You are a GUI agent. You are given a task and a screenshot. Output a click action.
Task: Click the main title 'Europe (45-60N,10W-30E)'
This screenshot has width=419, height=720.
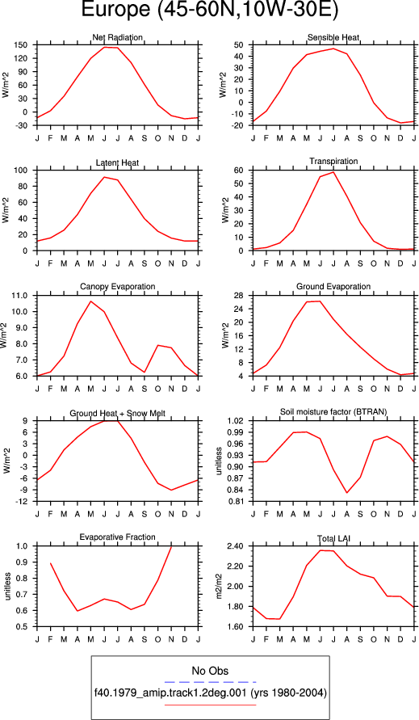tap(209, 11)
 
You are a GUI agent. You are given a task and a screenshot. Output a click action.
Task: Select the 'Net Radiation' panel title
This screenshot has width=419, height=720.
tap(118, 37)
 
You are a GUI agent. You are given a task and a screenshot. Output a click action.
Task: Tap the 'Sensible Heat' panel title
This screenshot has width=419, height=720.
tap(333, 37)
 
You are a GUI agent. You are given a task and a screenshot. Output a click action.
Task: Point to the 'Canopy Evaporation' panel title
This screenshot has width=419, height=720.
tap(118, 287)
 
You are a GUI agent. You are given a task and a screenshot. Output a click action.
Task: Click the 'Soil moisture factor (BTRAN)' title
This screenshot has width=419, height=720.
tap(333, 412)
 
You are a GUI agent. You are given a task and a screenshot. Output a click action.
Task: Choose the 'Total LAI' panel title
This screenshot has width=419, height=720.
tap(333, 538)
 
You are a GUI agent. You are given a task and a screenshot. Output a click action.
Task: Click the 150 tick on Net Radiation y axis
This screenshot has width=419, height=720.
tap(21, 45)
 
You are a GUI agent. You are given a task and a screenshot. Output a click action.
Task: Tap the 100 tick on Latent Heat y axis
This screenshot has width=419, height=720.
tap(21, 171)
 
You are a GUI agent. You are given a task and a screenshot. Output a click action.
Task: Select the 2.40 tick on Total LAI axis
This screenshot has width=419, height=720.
tap(236, 546)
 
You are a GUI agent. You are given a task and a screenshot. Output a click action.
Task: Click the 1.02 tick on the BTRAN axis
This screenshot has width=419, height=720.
tap(236, 421)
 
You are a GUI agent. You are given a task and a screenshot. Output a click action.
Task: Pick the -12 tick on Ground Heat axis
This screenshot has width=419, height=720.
tap(22, 502)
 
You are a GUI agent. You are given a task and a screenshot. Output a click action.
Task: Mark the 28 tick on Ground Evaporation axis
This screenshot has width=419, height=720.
tap(239, 295)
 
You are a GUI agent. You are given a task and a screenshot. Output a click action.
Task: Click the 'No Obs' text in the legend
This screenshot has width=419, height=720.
tap(210, 671)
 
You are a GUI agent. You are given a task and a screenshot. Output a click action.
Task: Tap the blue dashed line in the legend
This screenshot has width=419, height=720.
tap(210, 682)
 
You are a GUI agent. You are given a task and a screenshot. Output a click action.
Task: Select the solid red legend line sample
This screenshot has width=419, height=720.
tap(210, 705)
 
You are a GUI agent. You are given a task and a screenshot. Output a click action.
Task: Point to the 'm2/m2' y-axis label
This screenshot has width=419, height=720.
tap(220, 587)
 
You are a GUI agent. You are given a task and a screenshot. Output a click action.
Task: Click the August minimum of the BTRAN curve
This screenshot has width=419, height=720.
tap(347, 493)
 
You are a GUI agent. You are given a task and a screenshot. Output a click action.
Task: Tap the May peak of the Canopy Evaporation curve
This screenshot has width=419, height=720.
tap(91, 301)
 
